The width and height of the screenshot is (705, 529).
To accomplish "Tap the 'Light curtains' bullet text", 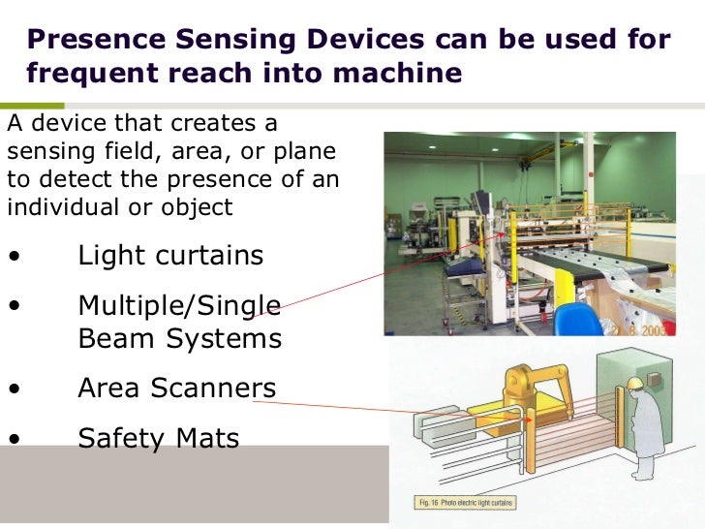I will (x=170, y=255).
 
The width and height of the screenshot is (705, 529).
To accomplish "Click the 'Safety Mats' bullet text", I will (x=158, y=438).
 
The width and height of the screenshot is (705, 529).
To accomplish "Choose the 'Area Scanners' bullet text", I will (x=176, y=389).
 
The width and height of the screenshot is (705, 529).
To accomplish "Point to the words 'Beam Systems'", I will (x=179, y=339).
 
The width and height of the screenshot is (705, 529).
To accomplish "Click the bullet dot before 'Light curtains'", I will (x=15, y=257).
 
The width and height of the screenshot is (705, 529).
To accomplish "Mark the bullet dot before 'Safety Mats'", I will (x=15, y=439).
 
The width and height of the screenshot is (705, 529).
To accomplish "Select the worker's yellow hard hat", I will (x=635, y=385).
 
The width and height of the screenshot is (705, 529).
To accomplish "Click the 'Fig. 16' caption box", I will (x=466, y=503).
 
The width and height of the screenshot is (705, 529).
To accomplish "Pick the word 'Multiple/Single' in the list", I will (x=179, y=305).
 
